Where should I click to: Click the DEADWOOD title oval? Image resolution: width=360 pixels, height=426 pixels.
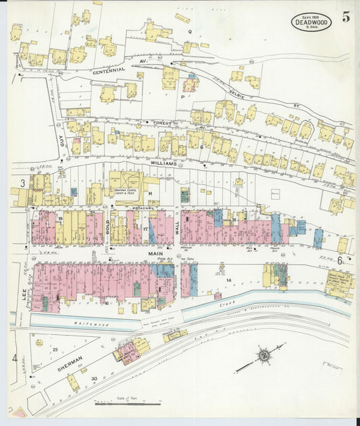click(311, 22)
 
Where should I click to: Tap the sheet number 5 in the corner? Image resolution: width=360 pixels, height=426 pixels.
click(345, 18)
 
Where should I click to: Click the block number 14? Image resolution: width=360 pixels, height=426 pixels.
click(229, 279)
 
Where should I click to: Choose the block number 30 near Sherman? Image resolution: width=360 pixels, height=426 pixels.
click(94, 378)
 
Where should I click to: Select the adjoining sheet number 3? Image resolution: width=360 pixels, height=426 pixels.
click(22, 183)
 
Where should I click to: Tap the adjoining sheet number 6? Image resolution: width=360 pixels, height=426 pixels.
click(340, 261)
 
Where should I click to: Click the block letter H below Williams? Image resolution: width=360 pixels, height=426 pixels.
click(151, 193)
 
